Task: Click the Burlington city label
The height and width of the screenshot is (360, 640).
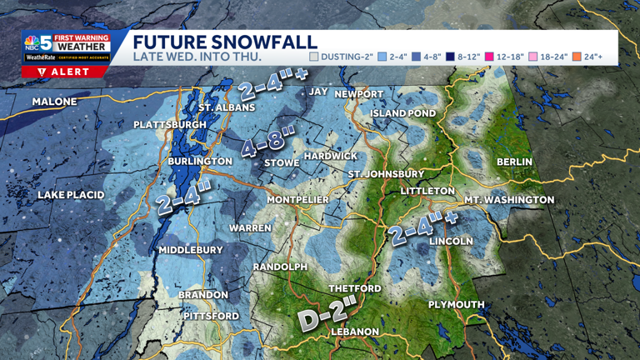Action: (200, 161)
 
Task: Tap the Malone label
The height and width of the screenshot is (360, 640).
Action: (54, 102)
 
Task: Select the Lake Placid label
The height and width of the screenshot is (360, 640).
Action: (71, 195)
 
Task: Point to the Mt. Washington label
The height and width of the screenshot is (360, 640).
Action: (508, 200)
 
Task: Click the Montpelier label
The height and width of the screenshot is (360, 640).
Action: (297, 200)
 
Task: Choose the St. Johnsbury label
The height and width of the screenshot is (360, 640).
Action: (386, 174)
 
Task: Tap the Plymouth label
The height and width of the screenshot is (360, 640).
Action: (456, 305)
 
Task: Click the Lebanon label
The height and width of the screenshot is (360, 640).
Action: (355, 332)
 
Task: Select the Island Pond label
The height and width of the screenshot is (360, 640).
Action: (403, 113)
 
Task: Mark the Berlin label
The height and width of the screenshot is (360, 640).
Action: (514, 162)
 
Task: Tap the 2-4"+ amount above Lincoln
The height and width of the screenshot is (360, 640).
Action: (424, 227)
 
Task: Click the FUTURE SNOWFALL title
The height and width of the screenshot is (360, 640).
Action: (225, 42)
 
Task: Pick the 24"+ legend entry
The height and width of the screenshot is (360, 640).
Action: (587, 57)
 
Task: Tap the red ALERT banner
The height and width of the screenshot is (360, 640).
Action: (64, 72)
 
